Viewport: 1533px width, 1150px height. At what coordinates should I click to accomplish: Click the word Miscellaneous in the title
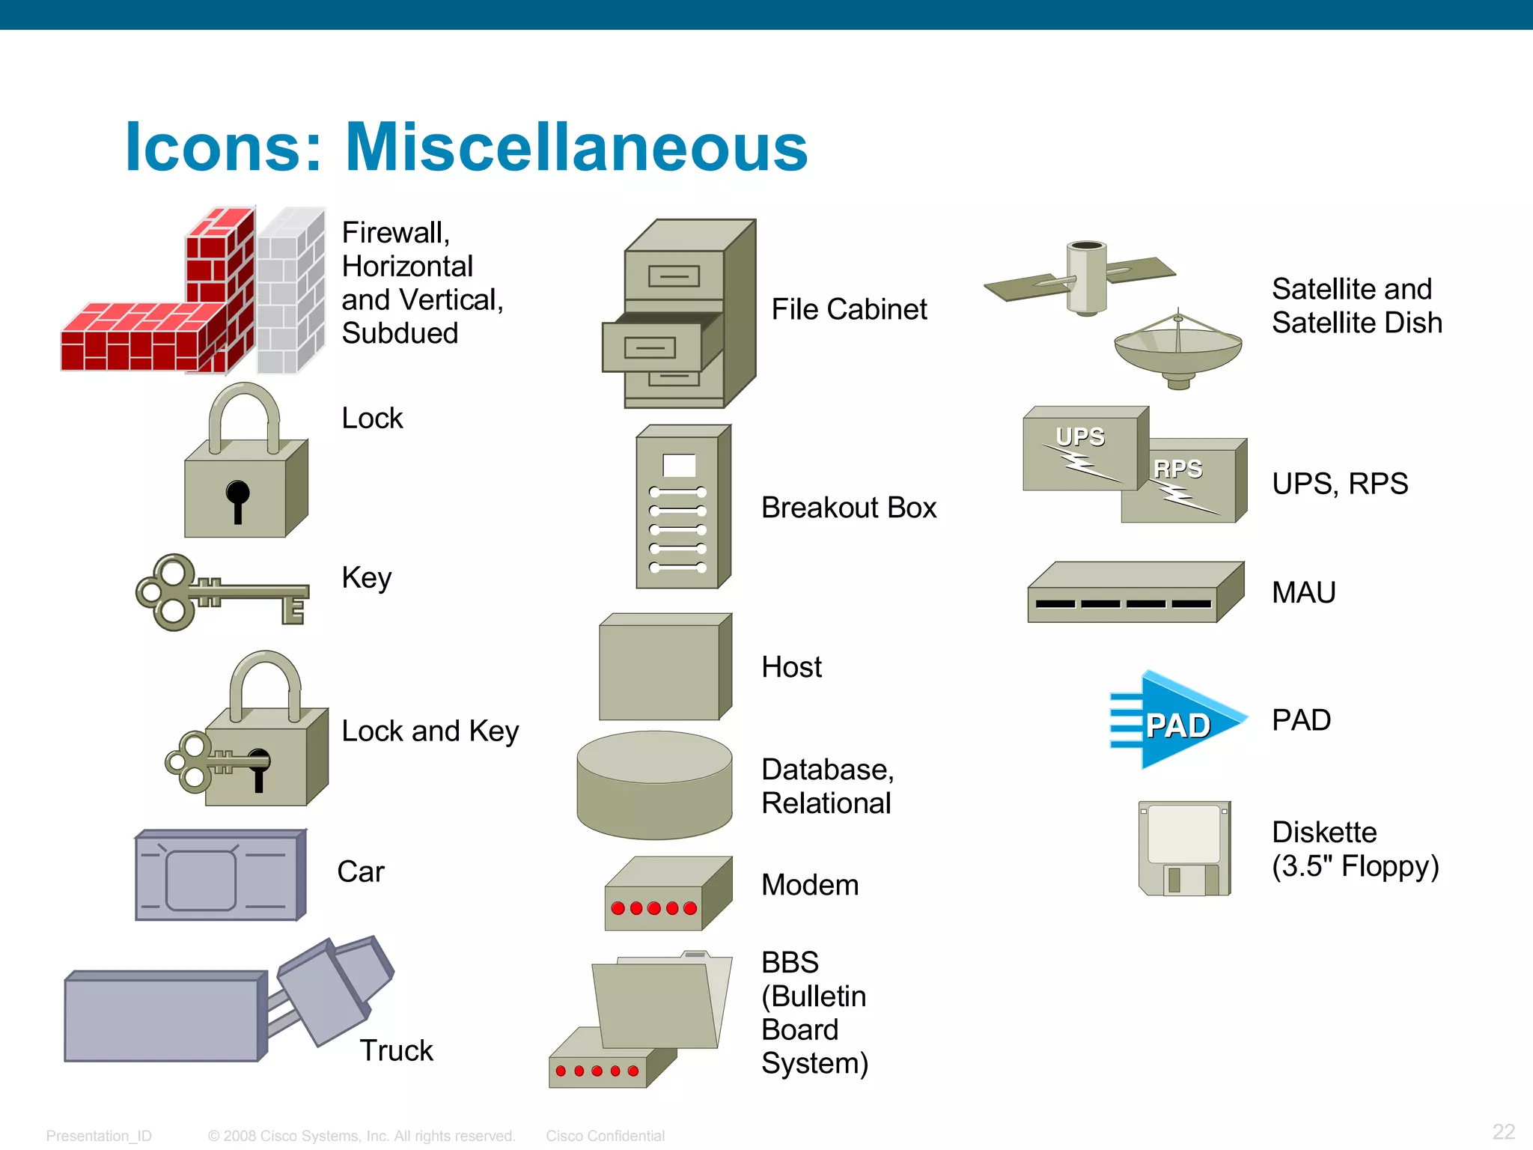[x=576, y=147]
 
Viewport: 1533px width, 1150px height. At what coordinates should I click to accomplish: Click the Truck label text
[x=396, y=1050]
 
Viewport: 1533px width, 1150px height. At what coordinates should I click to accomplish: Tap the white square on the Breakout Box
[x=679, y=466]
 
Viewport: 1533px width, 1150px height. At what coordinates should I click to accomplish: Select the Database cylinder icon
[x=654, y=786]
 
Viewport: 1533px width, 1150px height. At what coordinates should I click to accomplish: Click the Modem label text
[x=810, y=885]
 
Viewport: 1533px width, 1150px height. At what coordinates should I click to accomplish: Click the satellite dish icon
[x=1177, y=349]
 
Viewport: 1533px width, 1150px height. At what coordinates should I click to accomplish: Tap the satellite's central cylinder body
[x=1085, y=277]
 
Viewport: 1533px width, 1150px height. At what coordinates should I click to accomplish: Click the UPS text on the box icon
[x=1079, y=436]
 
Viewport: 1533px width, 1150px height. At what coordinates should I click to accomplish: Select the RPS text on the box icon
[x=1177, y=469]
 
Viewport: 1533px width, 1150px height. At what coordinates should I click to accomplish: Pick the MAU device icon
[x=1134, y=593]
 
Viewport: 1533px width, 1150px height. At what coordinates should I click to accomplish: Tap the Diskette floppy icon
[x=1184, y=849]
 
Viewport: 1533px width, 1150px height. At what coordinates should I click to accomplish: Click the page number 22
[x=1503, y=1131]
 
